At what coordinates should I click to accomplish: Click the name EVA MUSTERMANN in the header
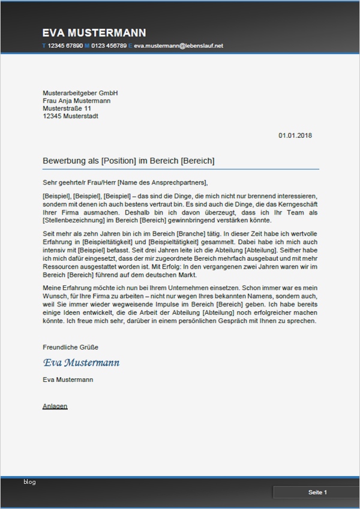[x=94, y=33]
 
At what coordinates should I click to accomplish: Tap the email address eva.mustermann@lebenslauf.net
[x=178, y=46]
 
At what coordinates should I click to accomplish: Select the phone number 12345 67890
[x=65, y=46]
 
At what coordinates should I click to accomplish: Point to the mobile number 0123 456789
[x=109, y=46]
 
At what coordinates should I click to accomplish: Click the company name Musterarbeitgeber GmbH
[x=80, y=94]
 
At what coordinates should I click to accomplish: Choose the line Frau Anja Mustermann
[x=76, y=101]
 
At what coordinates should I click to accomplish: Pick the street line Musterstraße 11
[x=67, y=109]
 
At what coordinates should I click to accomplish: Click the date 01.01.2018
[x=295, y=135]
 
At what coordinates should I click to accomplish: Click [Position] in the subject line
[x=119, y=161]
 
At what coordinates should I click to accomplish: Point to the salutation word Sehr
[x=49, y=182]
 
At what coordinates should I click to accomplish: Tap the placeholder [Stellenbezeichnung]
[x=75, y=220]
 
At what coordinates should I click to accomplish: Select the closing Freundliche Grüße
[x=70, y=348]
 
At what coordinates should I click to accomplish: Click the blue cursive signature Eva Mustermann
[x=81, y=363]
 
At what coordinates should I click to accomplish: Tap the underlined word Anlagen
[x=55, y=406]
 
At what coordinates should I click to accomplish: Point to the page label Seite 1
[x=317, y=492]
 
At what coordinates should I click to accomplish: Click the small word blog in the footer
[x=30, y=481]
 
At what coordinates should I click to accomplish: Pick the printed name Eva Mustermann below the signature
[x=68, y=380]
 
